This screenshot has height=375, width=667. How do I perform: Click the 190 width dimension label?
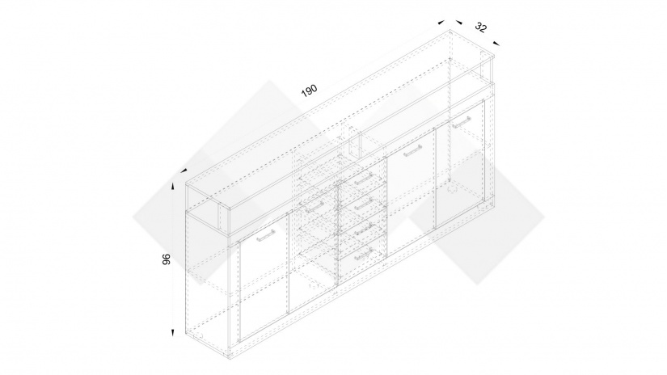click(x=310, y=91)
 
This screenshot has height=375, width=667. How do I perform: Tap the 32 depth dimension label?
click(x=481, y=27)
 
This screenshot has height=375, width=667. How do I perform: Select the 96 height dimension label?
click(x=167, y=259)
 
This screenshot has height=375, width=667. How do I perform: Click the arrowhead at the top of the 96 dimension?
click(x=173, y=187)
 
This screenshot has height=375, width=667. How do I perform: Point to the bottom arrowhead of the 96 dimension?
click(x=173, y=333)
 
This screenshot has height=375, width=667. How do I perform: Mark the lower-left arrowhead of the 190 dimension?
click(x=184, y=171)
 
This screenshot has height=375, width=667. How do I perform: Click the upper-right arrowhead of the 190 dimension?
click(x=441, y=22)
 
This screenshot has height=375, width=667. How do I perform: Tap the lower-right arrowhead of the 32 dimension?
click(x=496, y=43)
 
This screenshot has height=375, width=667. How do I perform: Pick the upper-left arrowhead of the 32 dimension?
click(x=458, y=22)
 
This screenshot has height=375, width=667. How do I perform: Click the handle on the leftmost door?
click(x=266, y=235)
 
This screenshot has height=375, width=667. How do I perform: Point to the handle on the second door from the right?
click(x=412, y=151)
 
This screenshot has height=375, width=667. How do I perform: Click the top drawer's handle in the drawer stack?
click(x=364, y=179)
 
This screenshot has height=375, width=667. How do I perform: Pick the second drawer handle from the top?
click(x=364, y=204)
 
